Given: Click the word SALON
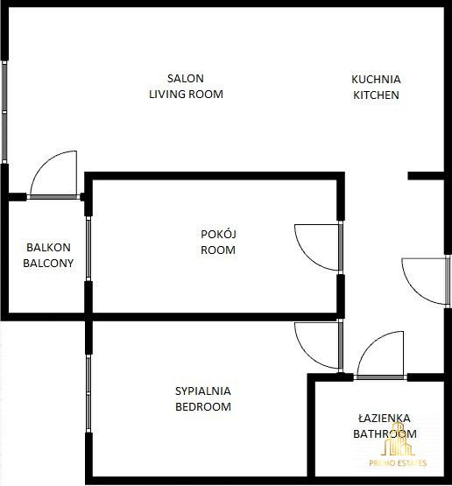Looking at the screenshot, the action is click(x=186, y=79).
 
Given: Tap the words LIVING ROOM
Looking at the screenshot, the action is click(x=186, y=95).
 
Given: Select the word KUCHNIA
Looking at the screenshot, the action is click(x=376, y=80).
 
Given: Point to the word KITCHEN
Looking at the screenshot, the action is click(x=376, y=95).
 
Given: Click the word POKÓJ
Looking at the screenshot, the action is click(x=218, y=234).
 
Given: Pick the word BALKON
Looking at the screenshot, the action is click(x=48, y=247).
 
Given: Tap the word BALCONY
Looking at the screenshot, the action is click(x=48, y=264).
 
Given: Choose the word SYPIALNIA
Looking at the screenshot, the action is click(x=203, y=391).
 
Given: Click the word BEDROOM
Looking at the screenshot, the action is click(x=203, y=406).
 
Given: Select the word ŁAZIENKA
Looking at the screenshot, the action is click(x=385, y=418).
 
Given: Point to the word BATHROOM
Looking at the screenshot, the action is click(x=385, y=434).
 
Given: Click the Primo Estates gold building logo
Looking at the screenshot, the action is click(x=398, y=440).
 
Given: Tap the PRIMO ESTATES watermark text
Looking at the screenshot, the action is click(x=398, y=463).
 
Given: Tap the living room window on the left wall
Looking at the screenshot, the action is click(x=4, y=111).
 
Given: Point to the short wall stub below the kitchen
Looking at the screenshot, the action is click(x=426, y=176).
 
